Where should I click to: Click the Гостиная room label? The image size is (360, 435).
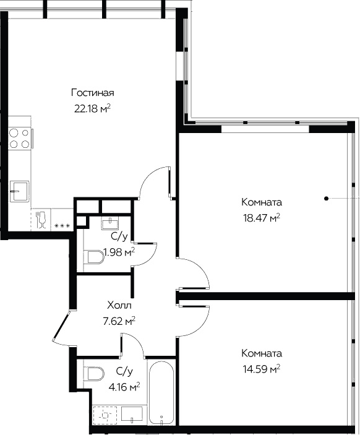pos(93,93)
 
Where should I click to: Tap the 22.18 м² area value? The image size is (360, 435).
pos(93,108)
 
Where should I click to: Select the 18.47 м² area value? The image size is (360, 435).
pos(262,218)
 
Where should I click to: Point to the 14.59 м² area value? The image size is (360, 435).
pos(262,369)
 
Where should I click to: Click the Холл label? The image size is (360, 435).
pos(119,306)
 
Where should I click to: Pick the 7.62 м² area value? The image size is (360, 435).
pos(119,321)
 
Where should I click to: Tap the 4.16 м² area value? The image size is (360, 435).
pos(124,387)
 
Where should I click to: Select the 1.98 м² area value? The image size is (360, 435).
pos(119,252)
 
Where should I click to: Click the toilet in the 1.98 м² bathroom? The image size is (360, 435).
pos(94,257)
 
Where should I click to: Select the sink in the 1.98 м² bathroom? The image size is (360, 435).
pos(111,223)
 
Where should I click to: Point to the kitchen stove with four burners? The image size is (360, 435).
pos(19,138)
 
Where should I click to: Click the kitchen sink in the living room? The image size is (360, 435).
pos(19,191)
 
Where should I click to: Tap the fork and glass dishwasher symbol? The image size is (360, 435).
pos(41,220)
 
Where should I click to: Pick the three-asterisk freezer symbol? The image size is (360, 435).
pos(62,226)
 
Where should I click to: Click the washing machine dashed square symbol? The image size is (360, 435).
pos(105,415)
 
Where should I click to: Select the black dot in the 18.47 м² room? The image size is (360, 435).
pos(327,199)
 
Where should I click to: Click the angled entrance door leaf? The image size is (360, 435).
pos(61,325)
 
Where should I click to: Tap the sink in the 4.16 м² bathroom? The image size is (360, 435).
pos(132,415)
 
